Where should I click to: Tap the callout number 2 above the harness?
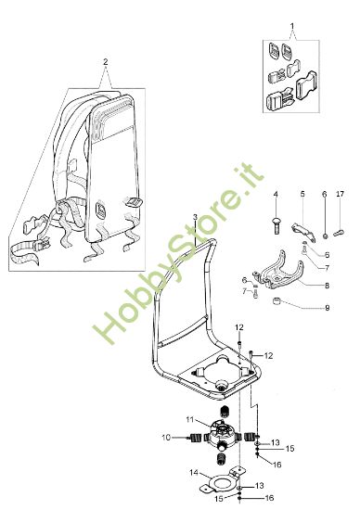(x=106, y=61)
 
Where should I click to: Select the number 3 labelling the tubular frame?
(x=195, y=216)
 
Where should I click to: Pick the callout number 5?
(x=302, y=194)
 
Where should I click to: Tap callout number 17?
(x=341, y=194)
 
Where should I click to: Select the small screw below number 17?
(x=341, y=228)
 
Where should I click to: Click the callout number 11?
(x=190, y=421)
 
